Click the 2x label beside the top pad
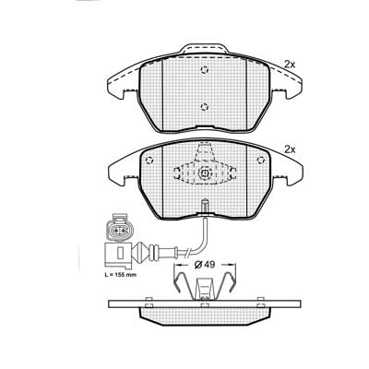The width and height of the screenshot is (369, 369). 290,65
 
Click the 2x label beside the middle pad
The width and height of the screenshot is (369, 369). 290,149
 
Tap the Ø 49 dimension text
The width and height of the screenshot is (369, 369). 205,264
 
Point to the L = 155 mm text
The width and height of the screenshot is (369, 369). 120,275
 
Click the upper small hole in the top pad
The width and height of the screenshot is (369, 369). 205,70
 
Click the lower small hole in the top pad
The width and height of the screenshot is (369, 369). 205,107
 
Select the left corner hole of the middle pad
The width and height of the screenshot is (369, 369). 149,161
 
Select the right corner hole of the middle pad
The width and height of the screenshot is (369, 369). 260,161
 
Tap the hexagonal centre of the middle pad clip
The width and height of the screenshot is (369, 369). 205,173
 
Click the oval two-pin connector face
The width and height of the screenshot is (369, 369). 118,229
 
